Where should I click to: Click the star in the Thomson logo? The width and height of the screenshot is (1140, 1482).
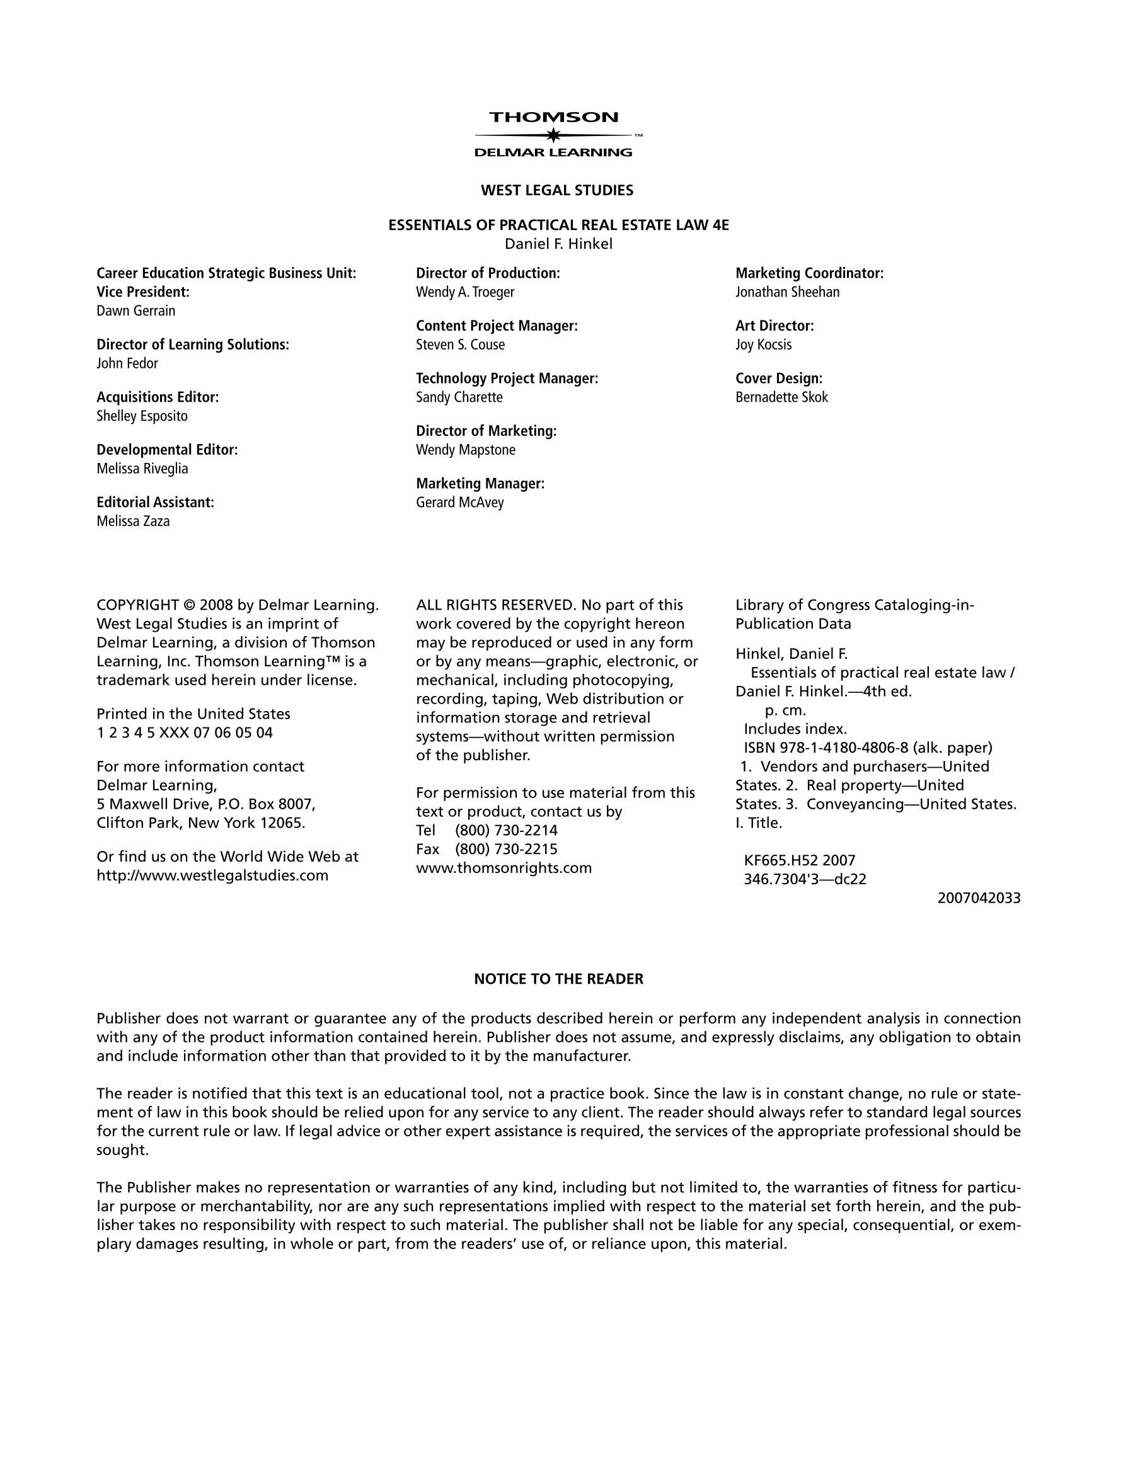click(x=554, y=135)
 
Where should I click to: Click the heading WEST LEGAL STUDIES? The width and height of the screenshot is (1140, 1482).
click(x=557, y=191)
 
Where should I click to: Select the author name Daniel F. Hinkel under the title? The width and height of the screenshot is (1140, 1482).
click(x=558, y=244)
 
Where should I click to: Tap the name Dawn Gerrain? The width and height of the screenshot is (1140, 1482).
click(x=135, y=311)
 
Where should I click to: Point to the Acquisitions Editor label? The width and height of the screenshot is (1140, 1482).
click(x=158, y=397)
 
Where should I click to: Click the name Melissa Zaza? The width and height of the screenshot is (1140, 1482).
click(x=133, y=522)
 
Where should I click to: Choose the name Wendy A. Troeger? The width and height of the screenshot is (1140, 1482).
click(x=465, y=292)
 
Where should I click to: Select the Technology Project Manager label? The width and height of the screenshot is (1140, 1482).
click(x=507, y=379)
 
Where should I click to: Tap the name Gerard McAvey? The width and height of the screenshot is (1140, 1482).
click(x=459, y=503)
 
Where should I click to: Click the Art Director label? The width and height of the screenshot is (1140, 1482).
click(x=774, y=326)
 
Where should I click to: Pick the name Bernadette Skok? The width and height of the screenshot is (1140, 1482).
click(x=781, y=397)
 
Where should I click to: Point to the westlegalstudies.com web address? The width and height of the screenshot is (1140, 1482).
click(x=212, y=875)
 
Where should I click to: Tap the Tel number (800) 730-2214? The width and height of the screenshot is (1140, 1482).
click(x=506, y=831)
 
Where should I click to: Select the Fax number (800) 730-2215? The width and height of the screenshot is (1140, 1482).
click(x=506, y=849)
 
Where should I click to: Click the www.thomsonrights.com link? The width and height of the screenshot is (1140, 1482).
click(x=504, y=868)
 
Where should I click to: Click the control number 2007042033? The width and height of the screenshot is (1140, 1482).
click(x=979, y=898)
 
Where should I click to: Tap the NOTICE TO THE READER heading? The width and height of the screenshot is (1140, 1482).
click(x=558, y=979)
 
